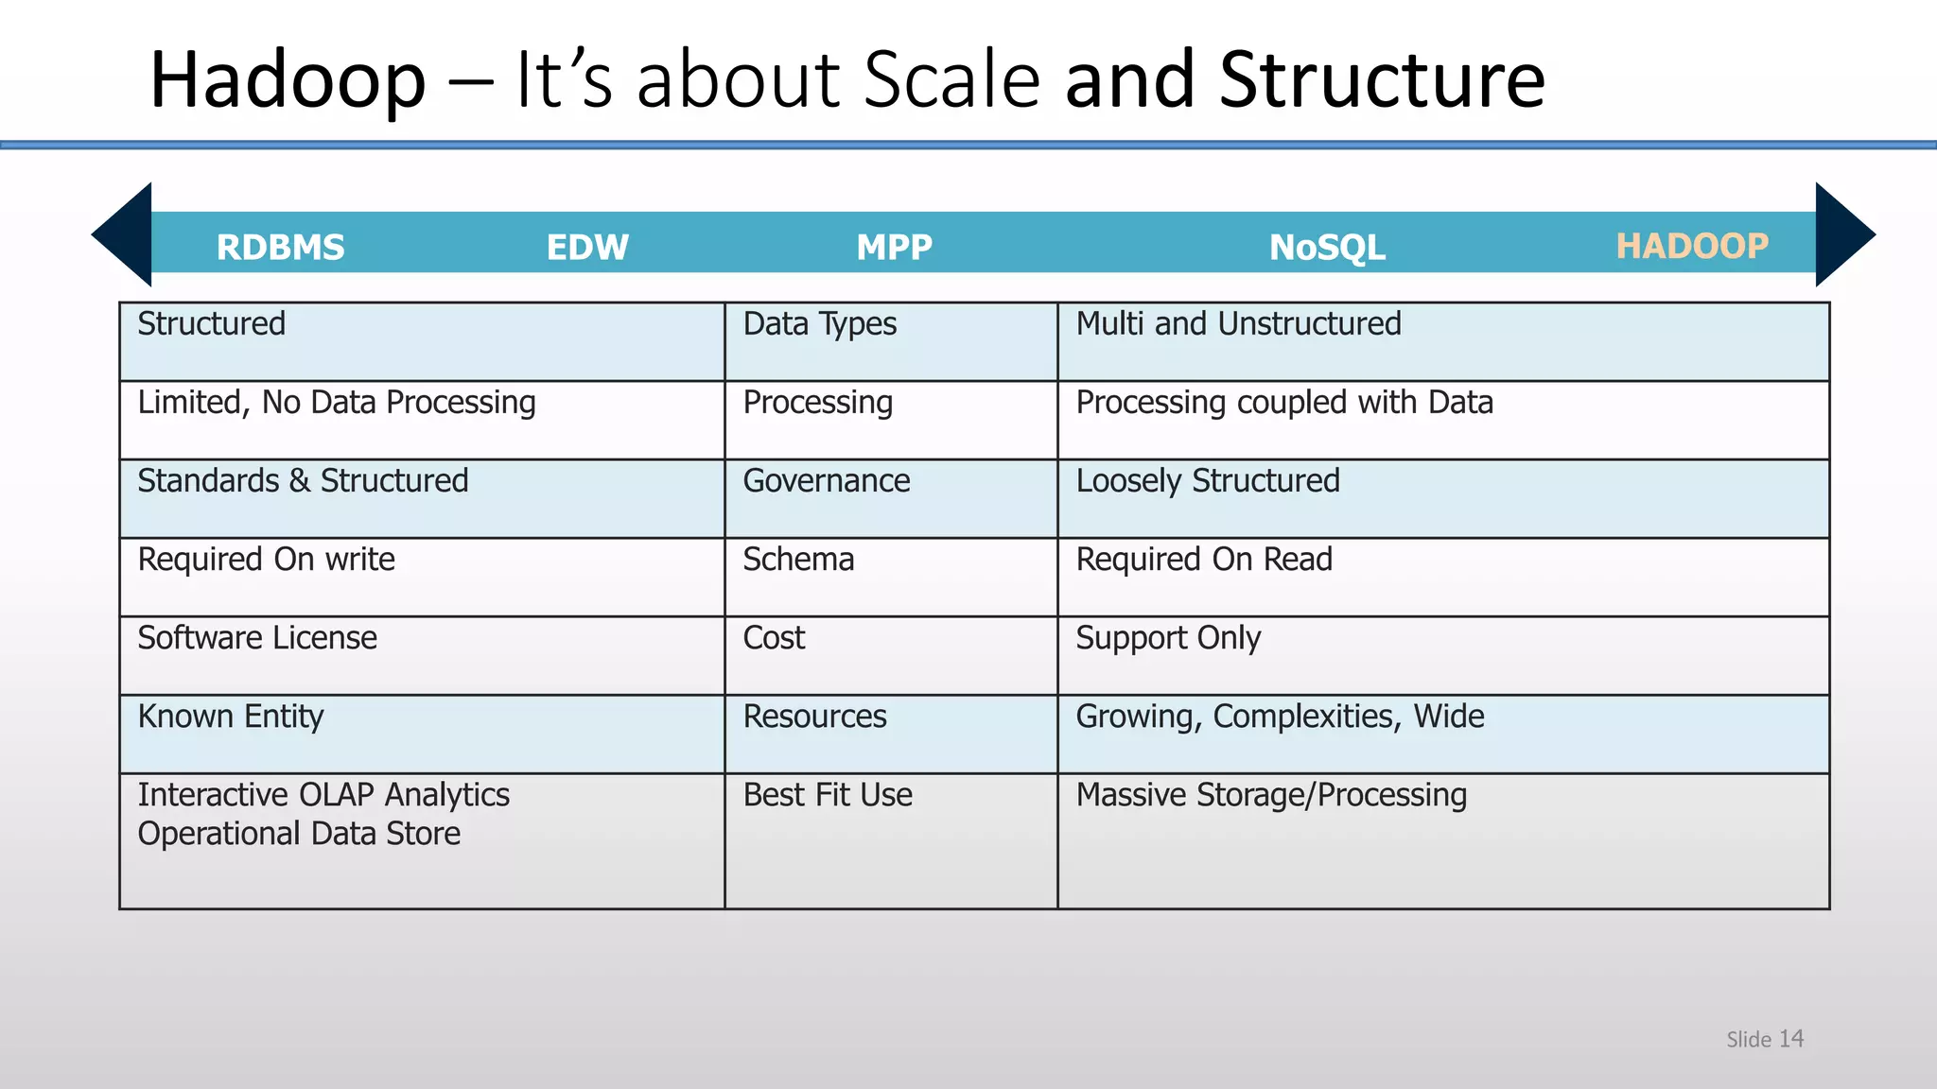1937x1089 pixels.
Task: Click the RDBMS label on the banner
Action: coord(280,248)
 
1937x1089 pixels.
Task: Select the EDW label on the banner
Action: coord(587,248)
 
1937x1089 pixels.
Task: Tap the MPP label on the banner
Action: coord(894,248)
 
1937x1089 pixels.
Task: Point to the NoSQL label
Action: coord(1327,248)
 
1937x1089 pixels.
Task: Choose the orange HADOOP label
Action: coord(1691,246)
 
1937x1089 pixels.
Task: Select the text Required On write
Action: coord(266,560)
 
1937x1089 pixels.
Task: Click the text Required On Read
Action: coord(1204,560)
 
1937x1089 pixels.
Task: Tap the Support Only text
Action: coord(1168,638)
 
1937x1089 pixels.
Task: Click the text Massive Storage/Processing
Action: coord(1271,795)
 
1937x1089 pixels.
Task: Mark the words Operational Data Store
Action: coord(299,834)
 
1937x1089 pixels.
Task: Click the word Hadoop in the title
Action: coord(288,81)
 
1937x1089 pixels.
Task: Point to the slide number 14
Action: coord(1790,1039)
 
